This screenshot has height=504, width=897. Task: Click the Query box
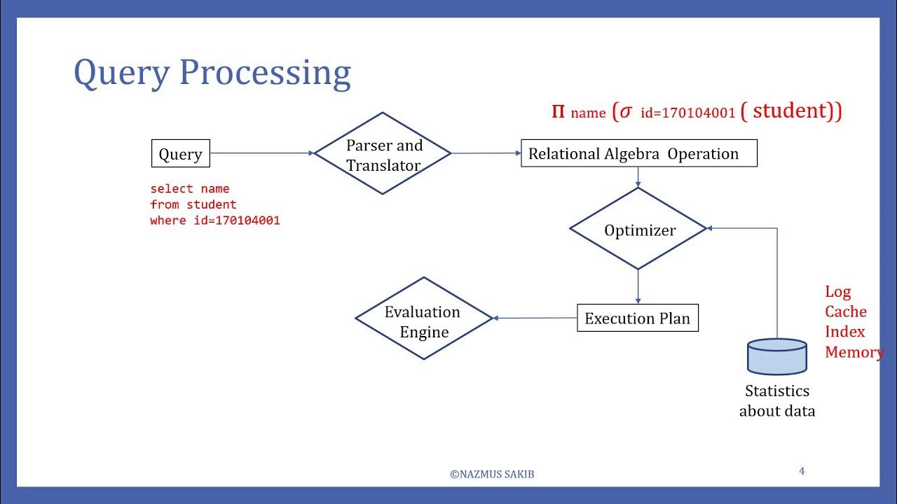(x=181, y=154)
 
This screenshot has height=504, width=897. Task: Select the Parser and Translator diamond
(x=383, y=154)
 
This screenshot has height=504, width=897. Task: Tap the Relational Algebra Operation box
(x=638, y=153)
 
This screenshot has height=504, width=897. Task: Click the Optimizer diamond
(x=638, y=230)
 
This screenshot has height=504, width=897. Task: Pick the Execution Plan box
(x=637, y=318)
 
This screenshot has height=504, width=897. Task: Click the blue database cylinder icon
(x=777, y=356)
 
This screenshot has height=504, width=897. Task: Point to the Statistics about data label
(x=777, y=401)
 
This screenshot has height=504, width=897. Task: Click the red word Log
(x=837, y=292)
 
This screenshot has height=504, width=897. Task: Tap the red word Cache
(x=845, y=311)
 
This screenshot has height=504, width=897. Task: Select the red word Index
(x=844, y=332)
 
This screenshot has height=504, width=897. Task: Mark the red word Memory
(x=854, y=352)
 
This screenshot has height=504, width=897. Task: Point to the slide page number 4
(x=802, y=471)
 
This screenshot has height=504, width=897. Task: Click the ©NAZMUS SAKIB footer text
(x=492, y=474)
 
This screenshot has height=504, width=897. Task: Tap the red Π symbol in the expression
(x=558, y=111)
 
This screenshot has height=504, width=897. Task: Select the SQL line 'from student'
(x=193, y=204)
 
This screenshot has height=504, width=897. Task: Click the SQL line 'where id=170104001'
(x=215, y=220)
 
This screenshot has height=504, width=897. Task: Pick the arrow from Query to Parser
(x=262, y=153)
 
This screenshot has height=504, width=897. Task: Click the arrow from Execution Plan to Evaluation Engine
(x=535, y=318)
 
